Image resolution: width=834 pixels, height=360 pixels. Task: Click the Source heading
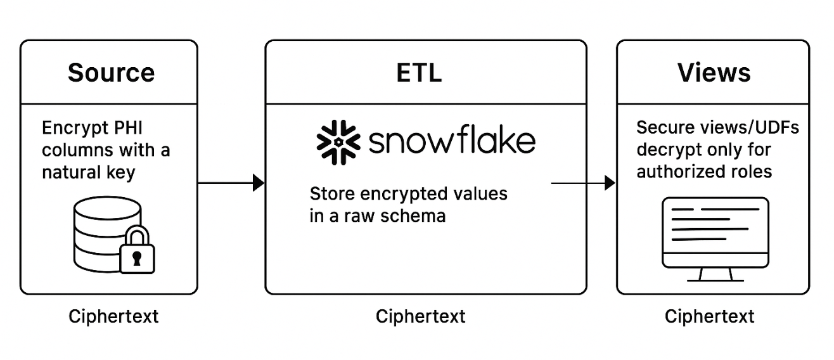pos(111,72)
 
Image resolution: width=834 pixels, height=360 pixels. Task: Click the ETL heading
pos(419,72)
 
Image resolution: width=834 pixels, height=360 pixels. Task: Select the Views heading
pos(714,72)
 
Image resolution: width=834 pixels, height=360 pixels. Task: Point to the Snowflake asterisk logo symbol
pos(337,140)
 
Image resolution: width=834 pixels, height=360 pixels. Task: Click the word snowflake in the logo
pos(451,141)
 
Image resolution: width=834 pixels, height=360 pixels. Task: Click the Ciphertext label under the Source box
pos(113,316)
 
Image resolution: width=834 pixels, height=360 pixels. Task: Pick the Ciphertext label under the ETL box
pos(420,316)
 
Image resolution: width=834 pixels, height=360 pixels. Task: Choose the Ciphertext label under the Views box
pos(709,316)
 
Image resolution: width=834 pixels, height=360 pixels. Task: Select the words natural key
pos(89,172)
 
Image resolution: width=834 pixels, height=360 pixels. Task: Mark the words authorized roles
pos(704,171)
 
